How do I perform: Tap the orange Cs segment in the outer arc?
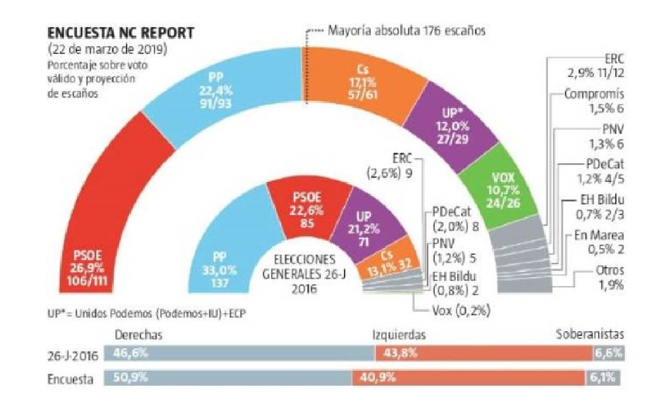pyautogui.click(x=356, y=84)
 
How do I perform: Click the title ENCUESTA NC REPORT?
pyautogui.click(x=120, y=33)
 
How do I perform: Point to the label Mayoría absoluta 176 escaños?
pyautogui.click(x=406, y=30)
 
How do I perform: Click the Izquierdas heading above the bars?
pyautogui.click(x=397, y=335)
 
